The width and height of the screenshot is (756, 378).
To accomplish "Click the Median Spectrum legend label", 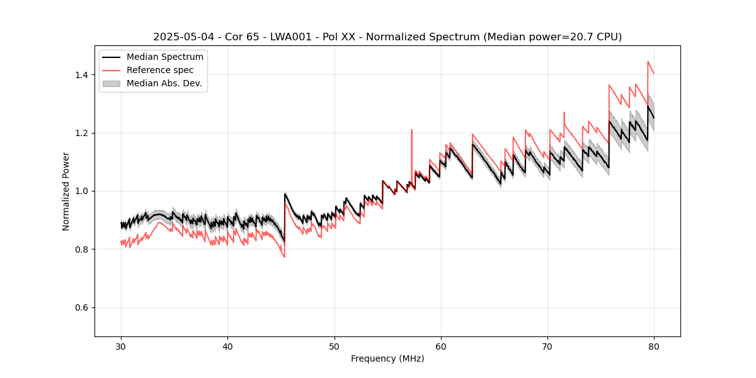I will coord(164,57).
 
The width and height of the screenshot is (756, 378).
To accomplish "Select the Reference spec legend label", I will coord(160,70).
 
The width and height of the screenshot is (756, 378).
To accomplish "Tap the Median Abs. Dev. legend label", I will coord(164,83).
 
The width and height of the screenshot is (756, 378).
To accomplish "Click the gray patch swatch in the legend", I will coord(112,83).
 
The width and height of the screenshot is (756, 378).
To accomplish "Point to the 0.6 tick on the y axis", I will coord(81,307).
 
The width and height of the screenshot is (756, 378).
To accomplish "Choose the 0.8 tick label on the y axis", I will coord(81,249).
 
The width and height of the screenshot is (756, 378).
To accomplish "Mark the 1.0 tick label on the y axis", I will coord(81,191).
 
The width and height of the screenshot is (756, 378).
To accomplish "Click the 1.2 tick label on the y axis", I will coord(81,133).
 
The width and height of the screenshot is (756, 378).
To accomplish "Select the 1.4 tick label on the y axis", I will coord(81,75).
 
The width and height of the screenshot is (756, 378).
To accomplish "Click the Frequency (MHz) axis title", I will coord(387,358).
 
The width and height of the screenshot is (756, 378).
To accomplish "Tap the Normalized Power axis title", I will coord(66,191).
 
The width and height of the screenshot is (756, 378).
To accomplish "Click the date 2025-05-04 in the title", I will coord(180,37).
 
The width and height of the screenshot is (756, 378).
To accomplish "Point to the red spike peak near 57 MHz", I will coord(411,130).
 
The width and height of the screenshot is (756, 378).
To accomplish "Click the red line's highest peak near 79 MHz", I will coord(648,62).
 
